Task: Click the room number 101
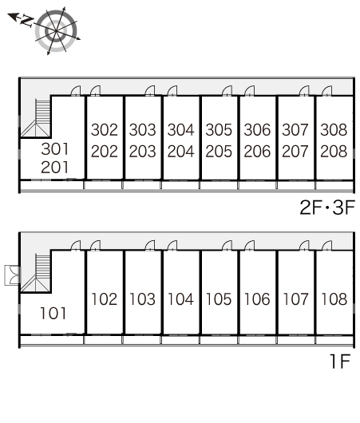tap(53, 313)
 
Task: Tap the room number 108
tap(334, 299)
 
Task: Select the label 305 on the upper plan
tap(219, 130)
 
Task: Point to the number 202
tap(105, 151)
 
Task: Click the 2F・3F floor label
tap(327, 208)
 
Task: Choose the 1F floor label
tap(340, 361)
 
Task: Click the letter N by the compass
tap(27, 21)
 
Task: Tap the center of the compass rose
tap(56, 31)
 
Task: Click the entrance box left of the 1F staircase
tap(12, 275)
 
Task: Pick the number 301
tap(55, 149)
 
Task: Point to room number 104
tap(181, 299)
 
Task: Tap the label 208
tap(334, 151)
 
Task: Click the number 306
tap(257, 130)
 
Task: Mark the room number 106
tap(257, 299)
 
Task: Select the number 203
tap(143, 151)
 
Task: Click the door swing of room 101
tap(76, 246)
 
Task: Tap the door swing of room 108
tap(327, 246)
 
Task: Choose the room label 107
tap(296, 299)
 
